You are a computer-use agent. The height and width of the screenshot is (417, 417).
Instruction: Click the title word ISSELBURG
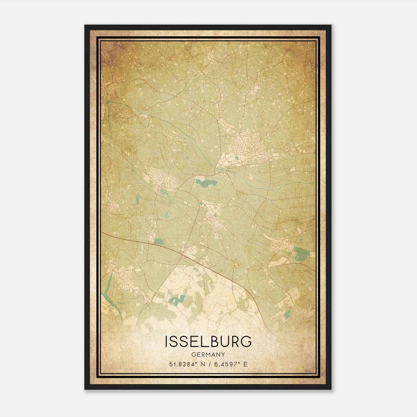[x=208, y=342]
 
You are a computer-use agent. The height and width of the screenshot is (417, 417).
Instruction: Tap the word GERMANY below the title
[x=208, y=354]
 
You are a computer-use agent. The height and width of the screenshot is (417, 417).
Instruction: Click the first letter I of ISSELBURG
[x=166, y=342]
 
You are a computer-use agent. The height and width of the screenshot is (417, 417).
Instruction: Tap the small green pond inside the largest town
[x=237, y=157]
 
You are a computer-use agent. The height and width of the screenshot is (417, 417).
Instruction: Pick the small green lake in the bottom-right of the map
[x=287, y=313]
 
